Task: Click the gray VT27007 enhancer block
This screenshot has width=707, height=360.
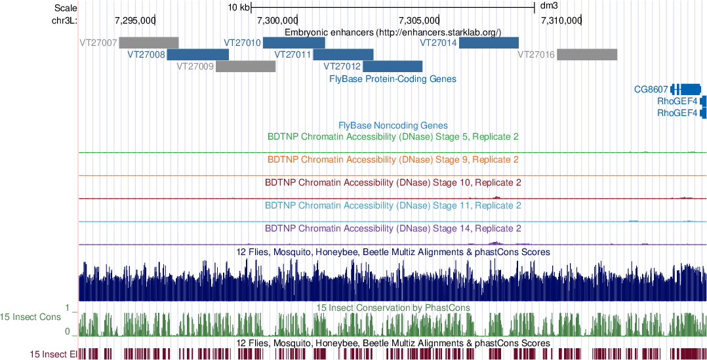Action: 149,43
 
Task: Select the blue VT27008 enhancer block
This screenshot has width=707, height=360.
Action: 197,54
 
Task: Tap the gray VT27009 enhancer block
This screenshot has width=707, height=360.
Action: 246,66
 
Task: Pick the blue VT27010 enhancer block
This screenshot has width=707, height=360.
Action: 294,43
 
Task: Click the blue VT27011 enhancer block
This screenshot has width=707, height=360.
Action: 348,54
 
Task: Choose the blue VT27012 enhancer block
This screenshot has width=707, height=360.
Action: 393,66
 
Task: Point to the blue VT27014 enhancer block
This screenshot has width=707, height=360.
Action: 489,43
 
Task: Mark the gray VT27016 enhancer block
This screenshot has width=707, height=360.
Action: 587,54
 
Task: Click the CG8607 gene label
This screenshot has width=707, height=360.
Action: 651,89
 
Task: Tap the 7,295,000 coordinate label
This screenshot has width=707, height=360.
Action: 134,20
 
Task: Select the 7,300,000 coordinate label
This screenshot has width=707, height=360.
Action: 276,20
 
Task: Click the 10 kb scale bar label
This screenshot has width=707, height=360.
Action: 239,8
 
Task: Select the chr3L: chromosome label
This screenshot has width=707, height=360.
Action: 64,20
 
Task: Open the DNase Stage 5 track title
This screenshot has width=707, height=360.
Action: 393,137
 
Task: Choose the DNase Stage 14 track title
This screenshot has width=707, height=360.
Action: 393,229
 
